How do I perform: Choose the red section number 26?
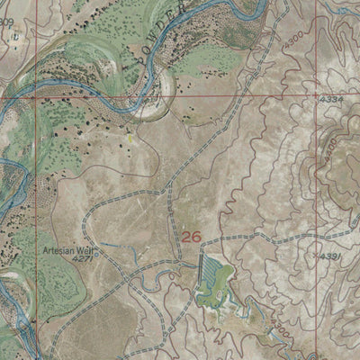point(191,237)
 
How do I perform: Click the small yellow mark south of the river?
point(133,139)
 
